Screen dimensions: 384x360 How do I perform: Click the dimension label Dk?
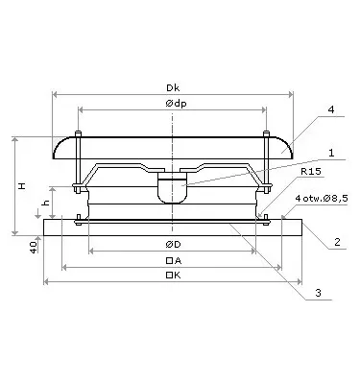coord(173,84)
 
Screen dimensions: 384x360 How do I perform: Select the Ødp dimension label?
coord(173,104)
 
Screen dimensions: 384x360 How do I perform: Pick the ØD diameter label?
coord(173,245)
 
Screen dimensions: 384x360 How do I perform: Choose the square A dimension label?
coord(173,261)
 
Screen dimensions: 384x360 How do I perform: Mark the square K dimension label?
coord(173,276)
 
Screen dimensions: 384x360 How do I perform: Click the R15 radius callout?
coord(310,174)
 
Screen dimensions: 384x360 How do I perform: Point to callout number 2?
coord(337,242)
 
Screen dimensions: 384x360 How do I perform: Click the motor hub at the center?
coord(173,186)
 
